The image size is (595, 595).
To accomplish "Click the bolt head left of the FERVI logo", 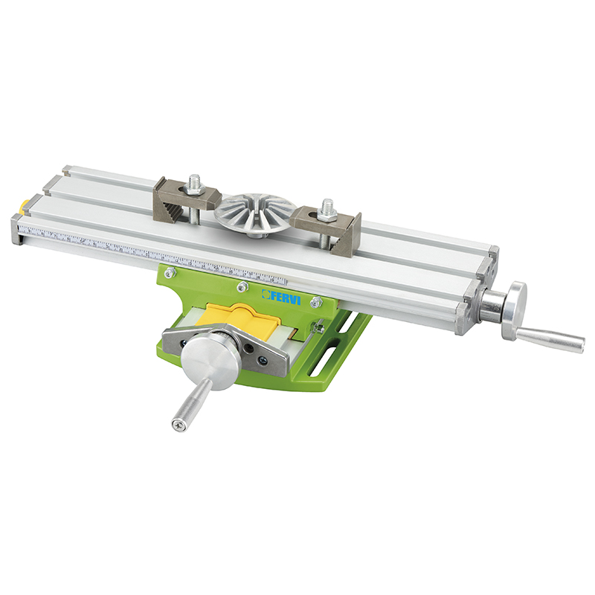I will coord(240,286).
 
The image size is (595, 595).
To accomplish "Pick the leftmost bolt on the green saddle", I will coord(170,272).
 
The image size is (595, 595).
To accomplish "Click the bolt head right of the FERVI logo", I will coord(316,301).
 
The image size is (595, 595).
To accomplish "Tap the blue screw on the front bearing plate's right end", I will coord(263,362).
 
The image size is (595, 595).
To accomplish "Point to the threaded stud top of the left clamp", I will coord(195,181).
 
